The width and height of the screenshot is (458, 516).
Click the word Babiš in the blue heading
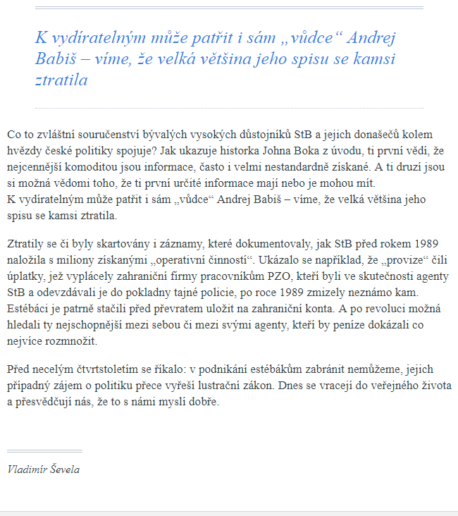click(x=56, y=59)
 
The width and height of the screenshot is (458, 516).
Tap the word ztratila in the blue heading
click(x=61, y=80)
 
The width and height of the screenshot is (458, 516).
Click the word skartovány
click(x=111, y=244)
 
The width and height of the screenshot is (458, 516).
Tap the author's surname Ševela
click(x=65, y=469)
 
